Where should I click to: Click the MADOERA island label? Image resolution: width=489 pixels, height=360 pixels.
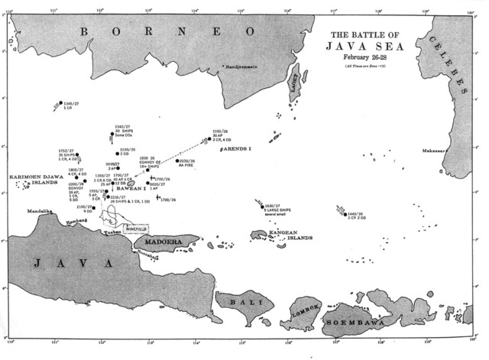[157, 242]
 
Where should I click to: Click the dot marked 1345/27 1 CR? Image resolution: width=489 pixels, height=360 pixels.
[60, 102]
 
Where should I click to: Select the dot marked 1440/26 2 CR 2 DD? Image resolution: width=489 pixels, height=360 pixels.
[345, 215]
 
